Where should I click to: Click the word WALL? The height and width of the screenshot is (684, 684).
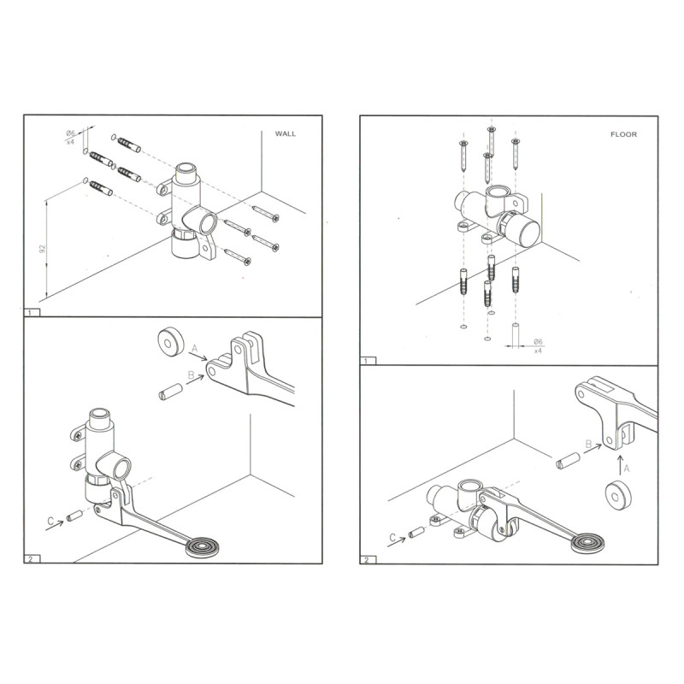(x=286, y=134)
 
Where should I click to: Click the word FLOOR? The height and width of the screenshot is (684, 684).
(x=622, y=134)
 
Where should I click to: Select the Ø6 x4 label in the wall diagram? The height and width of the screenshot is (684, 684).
(x=71, y=137)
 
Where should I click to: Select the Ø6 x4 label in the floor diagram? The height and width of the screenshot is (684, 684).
(x=539, y=345)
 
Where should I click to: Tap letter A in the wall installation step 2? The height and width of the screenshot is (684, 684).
(x=194, y=348)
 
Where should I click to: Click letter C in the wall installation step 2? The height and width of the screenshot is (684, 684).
(x=50, y=521)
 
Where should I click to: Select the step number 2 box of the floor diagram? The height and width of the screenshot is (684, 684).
(x=367, y=560)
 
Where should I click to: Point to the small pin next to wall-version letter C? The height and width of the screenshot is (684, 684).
(x=74, y=516)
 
